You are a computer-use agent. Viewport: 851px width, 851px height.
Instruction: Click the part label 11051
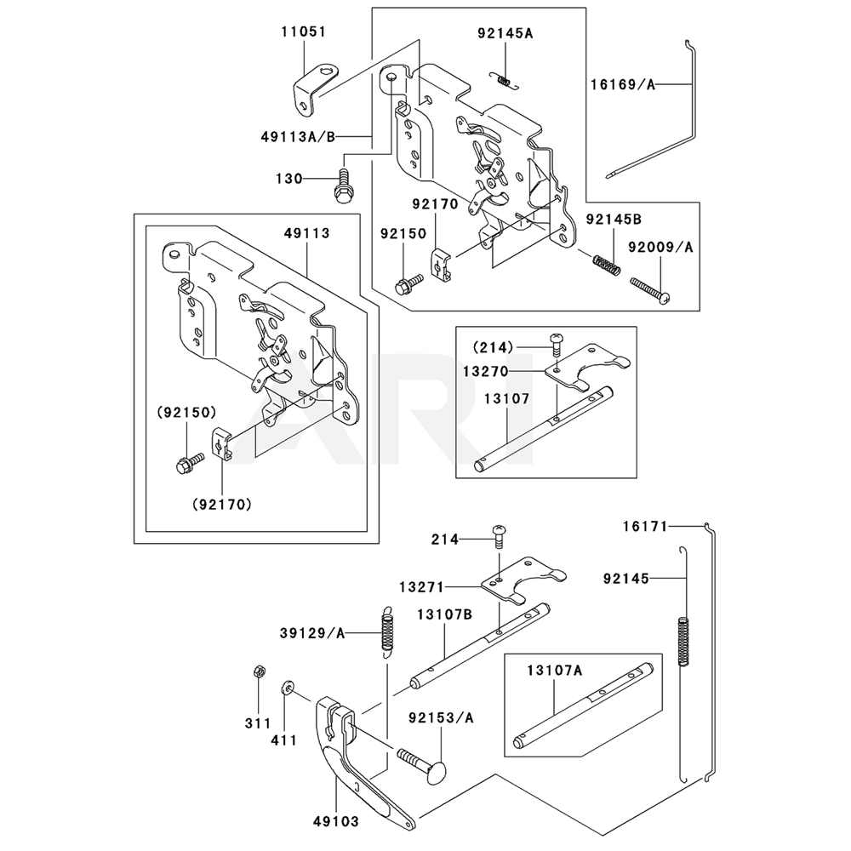[x=304, y=31]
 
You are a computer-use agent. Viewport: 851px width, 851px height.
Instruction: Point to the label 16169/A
[x=623, y=84]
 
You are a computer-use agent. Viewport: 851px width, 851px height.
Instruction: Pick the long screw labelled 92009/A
[x=649, y=290]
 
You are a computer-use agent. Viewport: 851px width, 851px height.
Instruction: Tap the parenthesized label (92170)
[x=222, y=505]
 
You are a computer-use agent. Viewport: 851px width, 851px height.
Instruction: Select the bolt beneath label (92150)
[x=190, y=462]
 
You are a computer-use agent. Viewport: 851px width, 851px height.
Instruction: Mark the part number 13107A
[x=554, y=671]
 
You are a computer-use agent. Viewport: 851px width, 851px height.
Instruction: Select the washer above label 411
[x=287, y=688]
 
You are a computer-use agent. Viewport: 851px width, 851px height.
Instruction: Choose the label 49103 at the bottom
[x=336, y=822]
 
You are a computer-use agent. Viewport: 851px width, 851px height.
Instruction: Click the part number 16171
[x=645, y=526]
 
